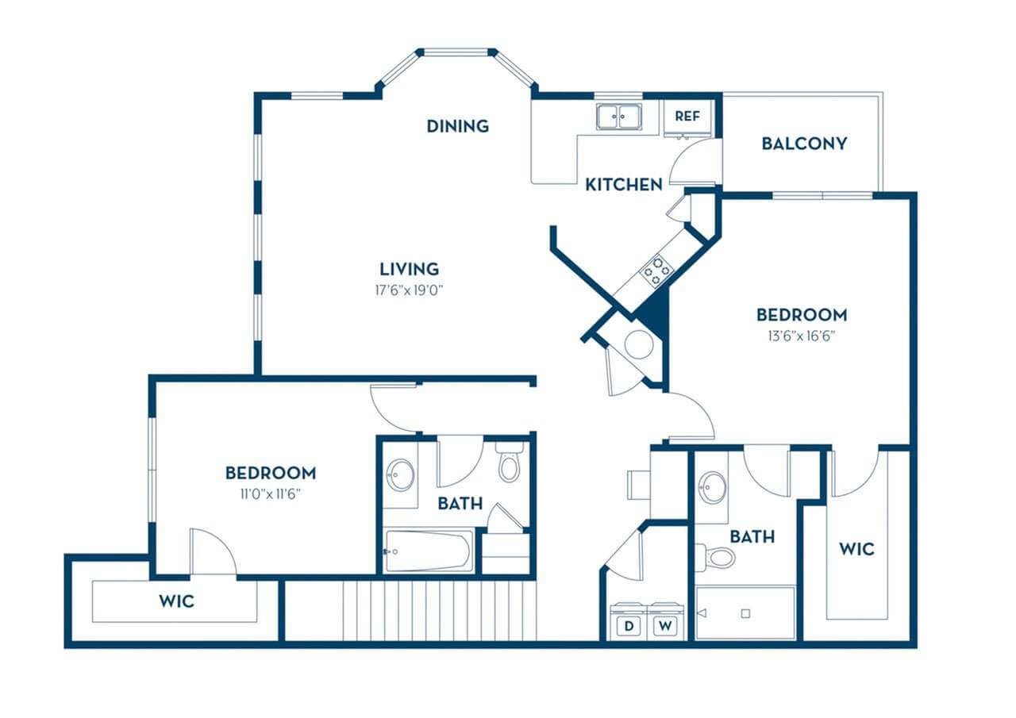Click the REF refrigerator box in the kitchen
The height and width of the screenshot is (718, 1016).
[687, 116]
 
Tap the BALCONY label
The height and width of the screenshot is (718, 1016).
[803, 144]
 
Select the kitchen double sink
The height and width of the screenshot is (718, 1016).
[619, 117]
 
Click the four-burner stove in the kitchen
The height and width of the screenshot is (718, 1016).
[656, 271]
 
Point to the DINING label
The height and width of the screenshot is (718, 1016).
[457, 125]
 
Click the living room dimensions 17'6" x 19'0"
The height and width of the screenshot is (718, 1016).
[408, 290]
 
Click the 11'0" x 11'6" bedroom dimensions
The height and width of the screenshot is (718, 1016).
[270, 493]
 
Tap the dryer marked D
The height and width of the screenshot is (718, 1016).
[629, 625]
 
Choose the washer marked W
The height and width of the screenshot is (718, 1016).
[664, 625]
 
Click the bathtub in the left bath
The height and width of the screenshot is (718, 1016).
[429, 551]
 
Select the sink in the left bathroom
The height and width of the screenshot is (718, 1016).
[400, 476]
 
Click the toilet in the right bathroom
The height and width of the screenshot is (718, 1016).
[717, 557]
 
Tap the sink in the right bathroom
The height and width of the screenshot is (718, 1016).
[712, 486]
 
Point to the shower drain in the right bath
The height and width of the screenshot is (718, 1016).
[745, 613]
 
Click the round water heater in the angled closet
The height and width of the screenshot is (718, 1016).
[638, 345]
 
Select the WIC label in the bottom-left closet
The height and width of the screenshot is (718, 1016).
[176, 601]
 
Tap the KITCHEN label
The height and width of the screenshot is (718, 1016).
[623, 184]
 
